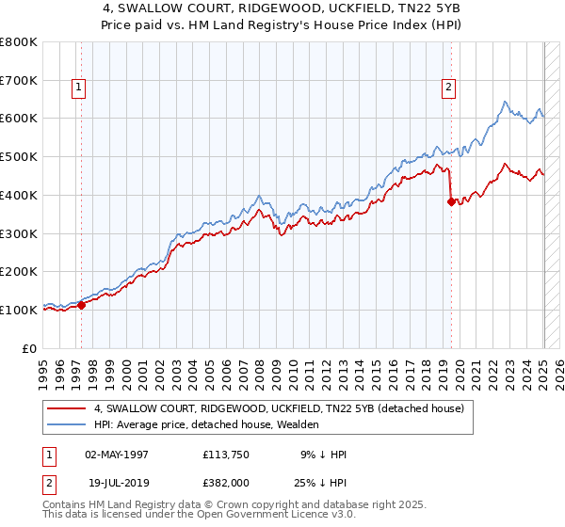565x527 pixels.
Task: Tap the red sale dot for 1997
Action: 82,304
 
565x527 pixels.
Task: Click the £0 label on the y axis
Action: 30,348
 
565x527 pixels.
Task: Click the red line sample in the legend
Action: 66,409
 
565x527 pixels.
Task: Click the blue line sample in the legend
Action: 66,425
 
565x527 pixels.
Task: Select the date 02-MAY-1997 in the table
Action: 118,455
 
